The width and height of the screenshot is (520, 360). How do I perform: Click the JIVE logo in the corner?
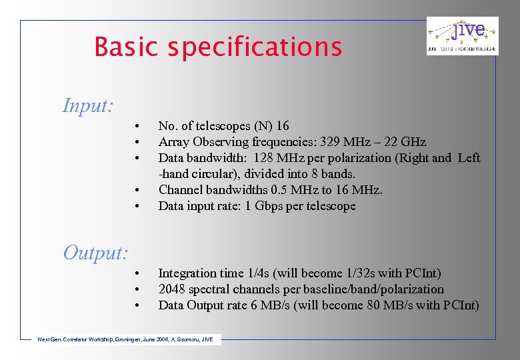click(x=462, y=36)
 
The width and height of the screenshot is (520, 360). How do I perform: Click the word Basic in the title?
click(x=127, y=47)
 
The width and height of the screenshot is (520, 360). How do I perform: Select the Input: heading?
click(x=87, y=105)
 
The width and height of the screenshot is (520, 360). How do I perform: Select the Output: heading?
click(x=95, y=253)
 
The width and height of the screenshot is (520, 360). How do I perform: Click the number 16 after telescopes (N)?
click(x=282, y=126)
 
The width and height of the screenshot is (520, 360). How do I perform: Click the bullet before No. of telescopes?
click(x=136, y=126)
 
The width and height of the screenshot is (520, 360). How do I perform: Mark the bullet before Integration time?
click(x=136, y=273)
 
